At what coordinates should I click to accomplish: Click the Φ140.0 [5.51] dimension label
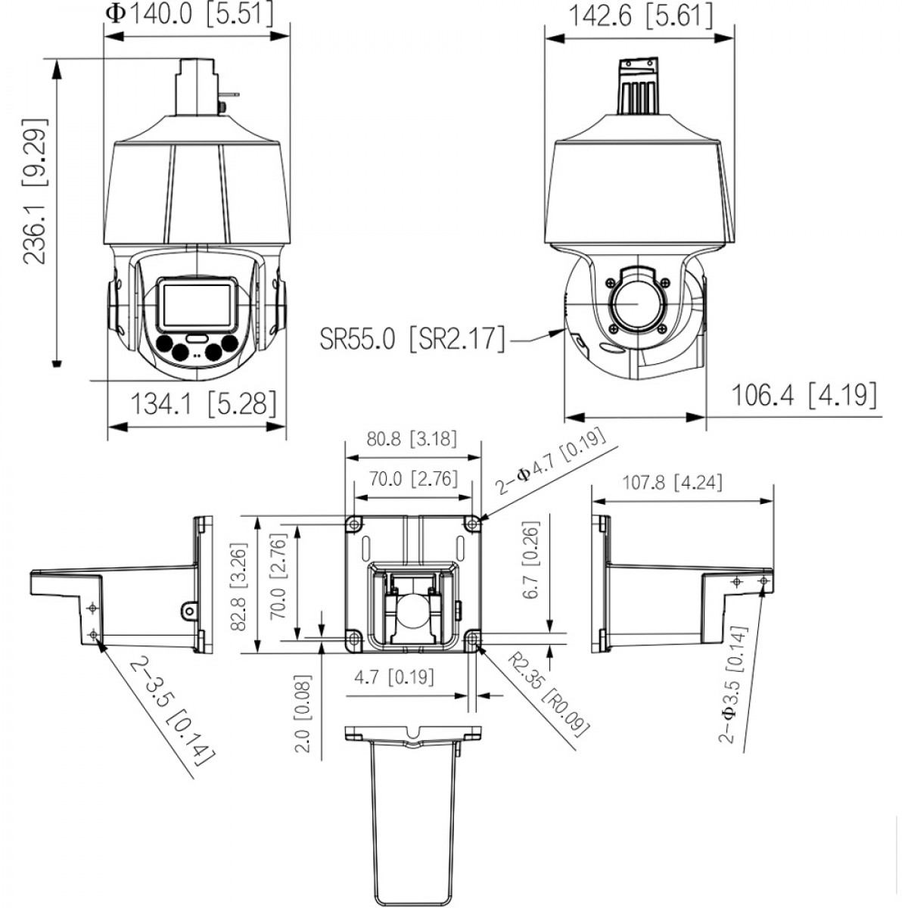pos(189,14)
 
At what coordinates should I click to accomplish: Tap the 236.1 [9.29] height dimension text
pos(36,191)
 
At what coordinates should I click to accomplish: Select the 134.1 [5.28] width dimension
pos(203,404)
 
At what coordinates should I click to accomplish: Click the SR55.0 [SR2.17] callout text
pos(412,337)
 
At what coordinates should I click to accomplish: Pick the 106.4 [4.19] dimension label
pos(804,395)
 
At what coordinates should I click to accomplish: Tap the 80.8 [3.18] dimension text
pos(412,439)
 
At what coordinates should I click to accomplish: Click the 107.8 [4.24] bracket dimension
pos(673,483)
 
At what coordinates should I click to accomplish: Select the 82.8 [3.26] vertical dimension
pos(239,587)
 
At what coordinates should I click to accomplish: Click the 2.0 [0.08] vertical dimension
pos(303,714)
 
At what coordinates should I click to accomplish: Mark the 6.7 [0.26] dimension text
pos(530,560)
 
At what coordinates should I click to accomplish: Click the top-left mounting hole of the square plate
pos(354,524)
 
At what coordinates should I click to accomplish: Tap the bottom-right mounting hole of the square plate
pos(472,639)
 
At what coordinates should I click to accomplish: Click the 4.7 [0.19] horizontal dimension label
pos(394,677)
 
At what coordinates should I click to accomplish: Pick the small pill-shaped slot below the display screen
pos(197,338)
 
